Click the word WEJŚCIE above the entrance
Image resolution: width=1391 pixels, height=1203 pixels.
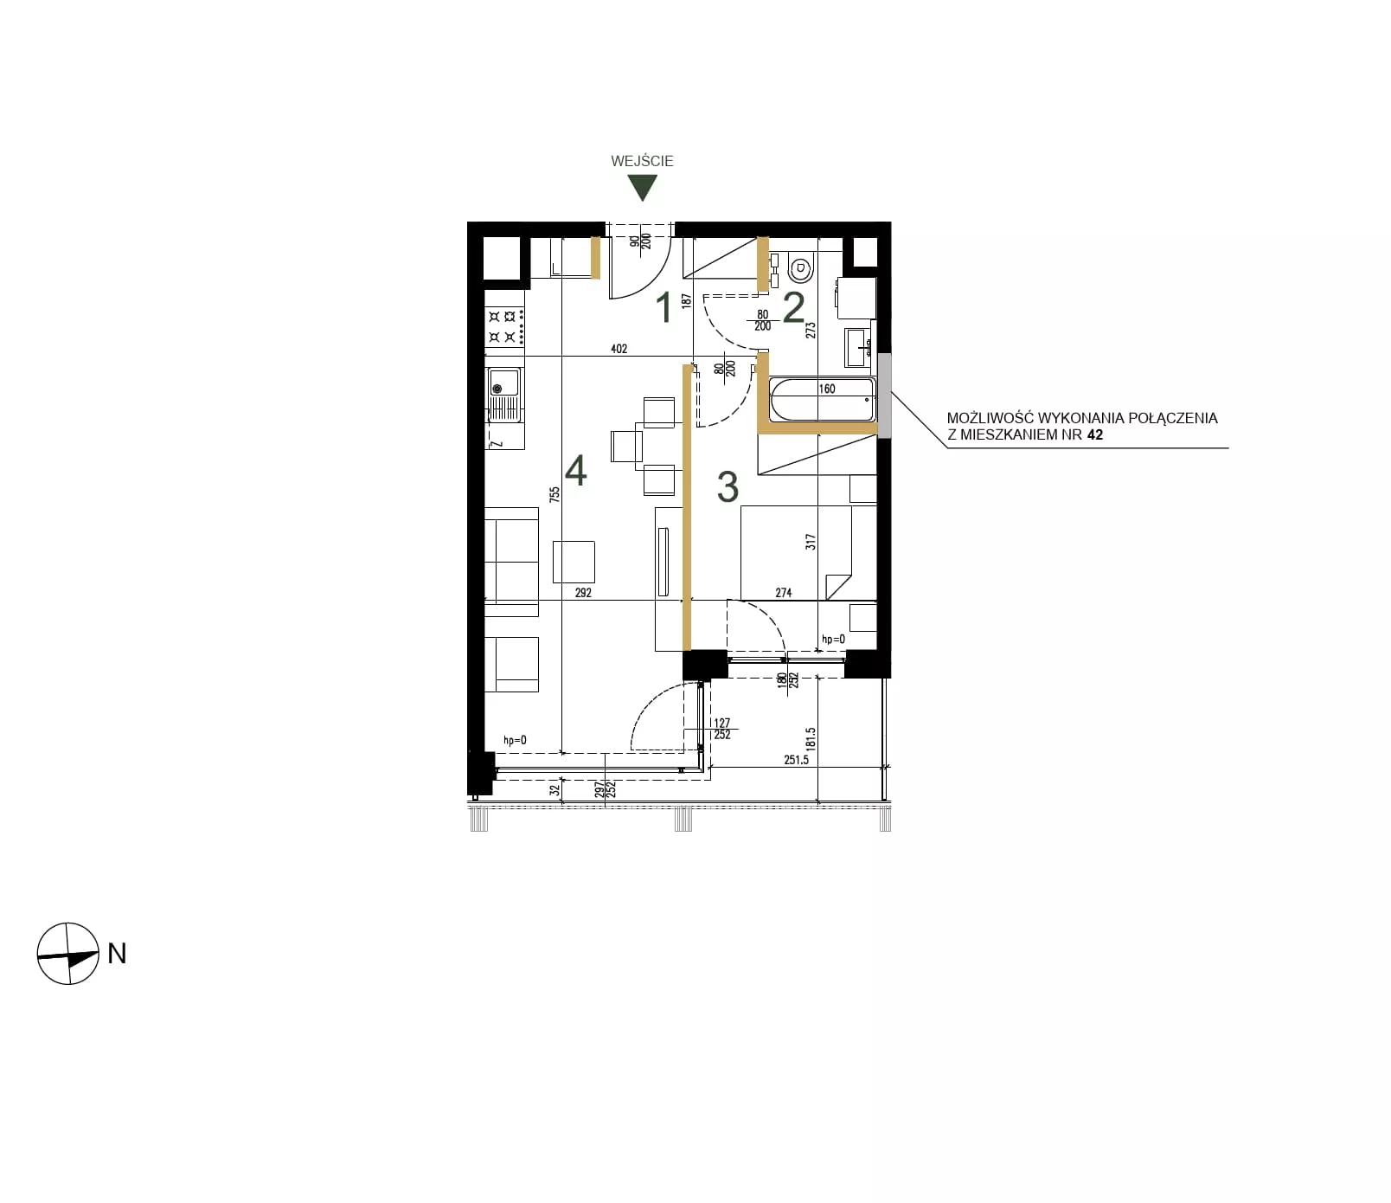[642, 161]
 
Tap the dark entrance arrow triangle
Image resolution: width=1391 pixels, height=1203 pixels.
[642, 187]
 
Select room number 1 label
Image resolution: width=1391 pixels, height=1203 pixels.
[664, 308]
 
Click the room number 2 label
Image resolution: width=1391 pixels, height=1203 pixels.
[793, 308]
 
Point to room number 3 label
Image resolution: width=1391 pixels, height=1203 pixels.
[728, 487]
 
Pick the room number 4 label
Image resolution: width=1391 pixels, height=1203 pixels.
[575, 471]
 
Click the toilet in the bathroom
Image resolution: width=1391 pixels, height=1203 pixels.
[801, 269]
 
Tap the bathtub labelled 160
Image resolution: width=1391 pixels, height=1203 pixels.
[822, 400]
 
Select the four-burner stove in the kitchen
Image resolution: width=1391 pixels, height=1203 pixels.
[504, 328]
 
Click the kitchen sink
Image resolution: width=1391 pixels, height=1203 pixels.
[504, 395]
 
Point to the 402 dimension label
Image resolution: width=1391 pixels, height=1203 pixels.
[619, 349]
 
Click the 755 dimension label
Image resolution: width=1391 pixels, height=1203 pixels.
[554, 495]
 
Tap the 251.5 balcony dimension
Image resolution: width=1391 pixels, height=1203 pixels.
[796, 760]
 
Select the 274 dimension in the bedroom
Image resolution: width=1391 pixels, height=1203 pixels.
[783, 593]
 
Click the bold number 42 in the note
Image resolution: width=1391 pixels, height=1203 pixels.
[1094, 434]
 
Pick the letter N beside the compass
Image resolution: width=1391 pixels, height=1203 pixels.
[117, 953]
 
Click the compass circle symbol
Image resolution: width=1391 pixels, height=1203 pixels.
[67, 954]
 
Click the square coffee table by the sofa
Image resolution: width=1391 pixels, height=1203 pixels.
[574, 562]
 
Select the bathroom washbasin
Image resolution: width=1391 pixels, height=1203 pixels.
[857, 347]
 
